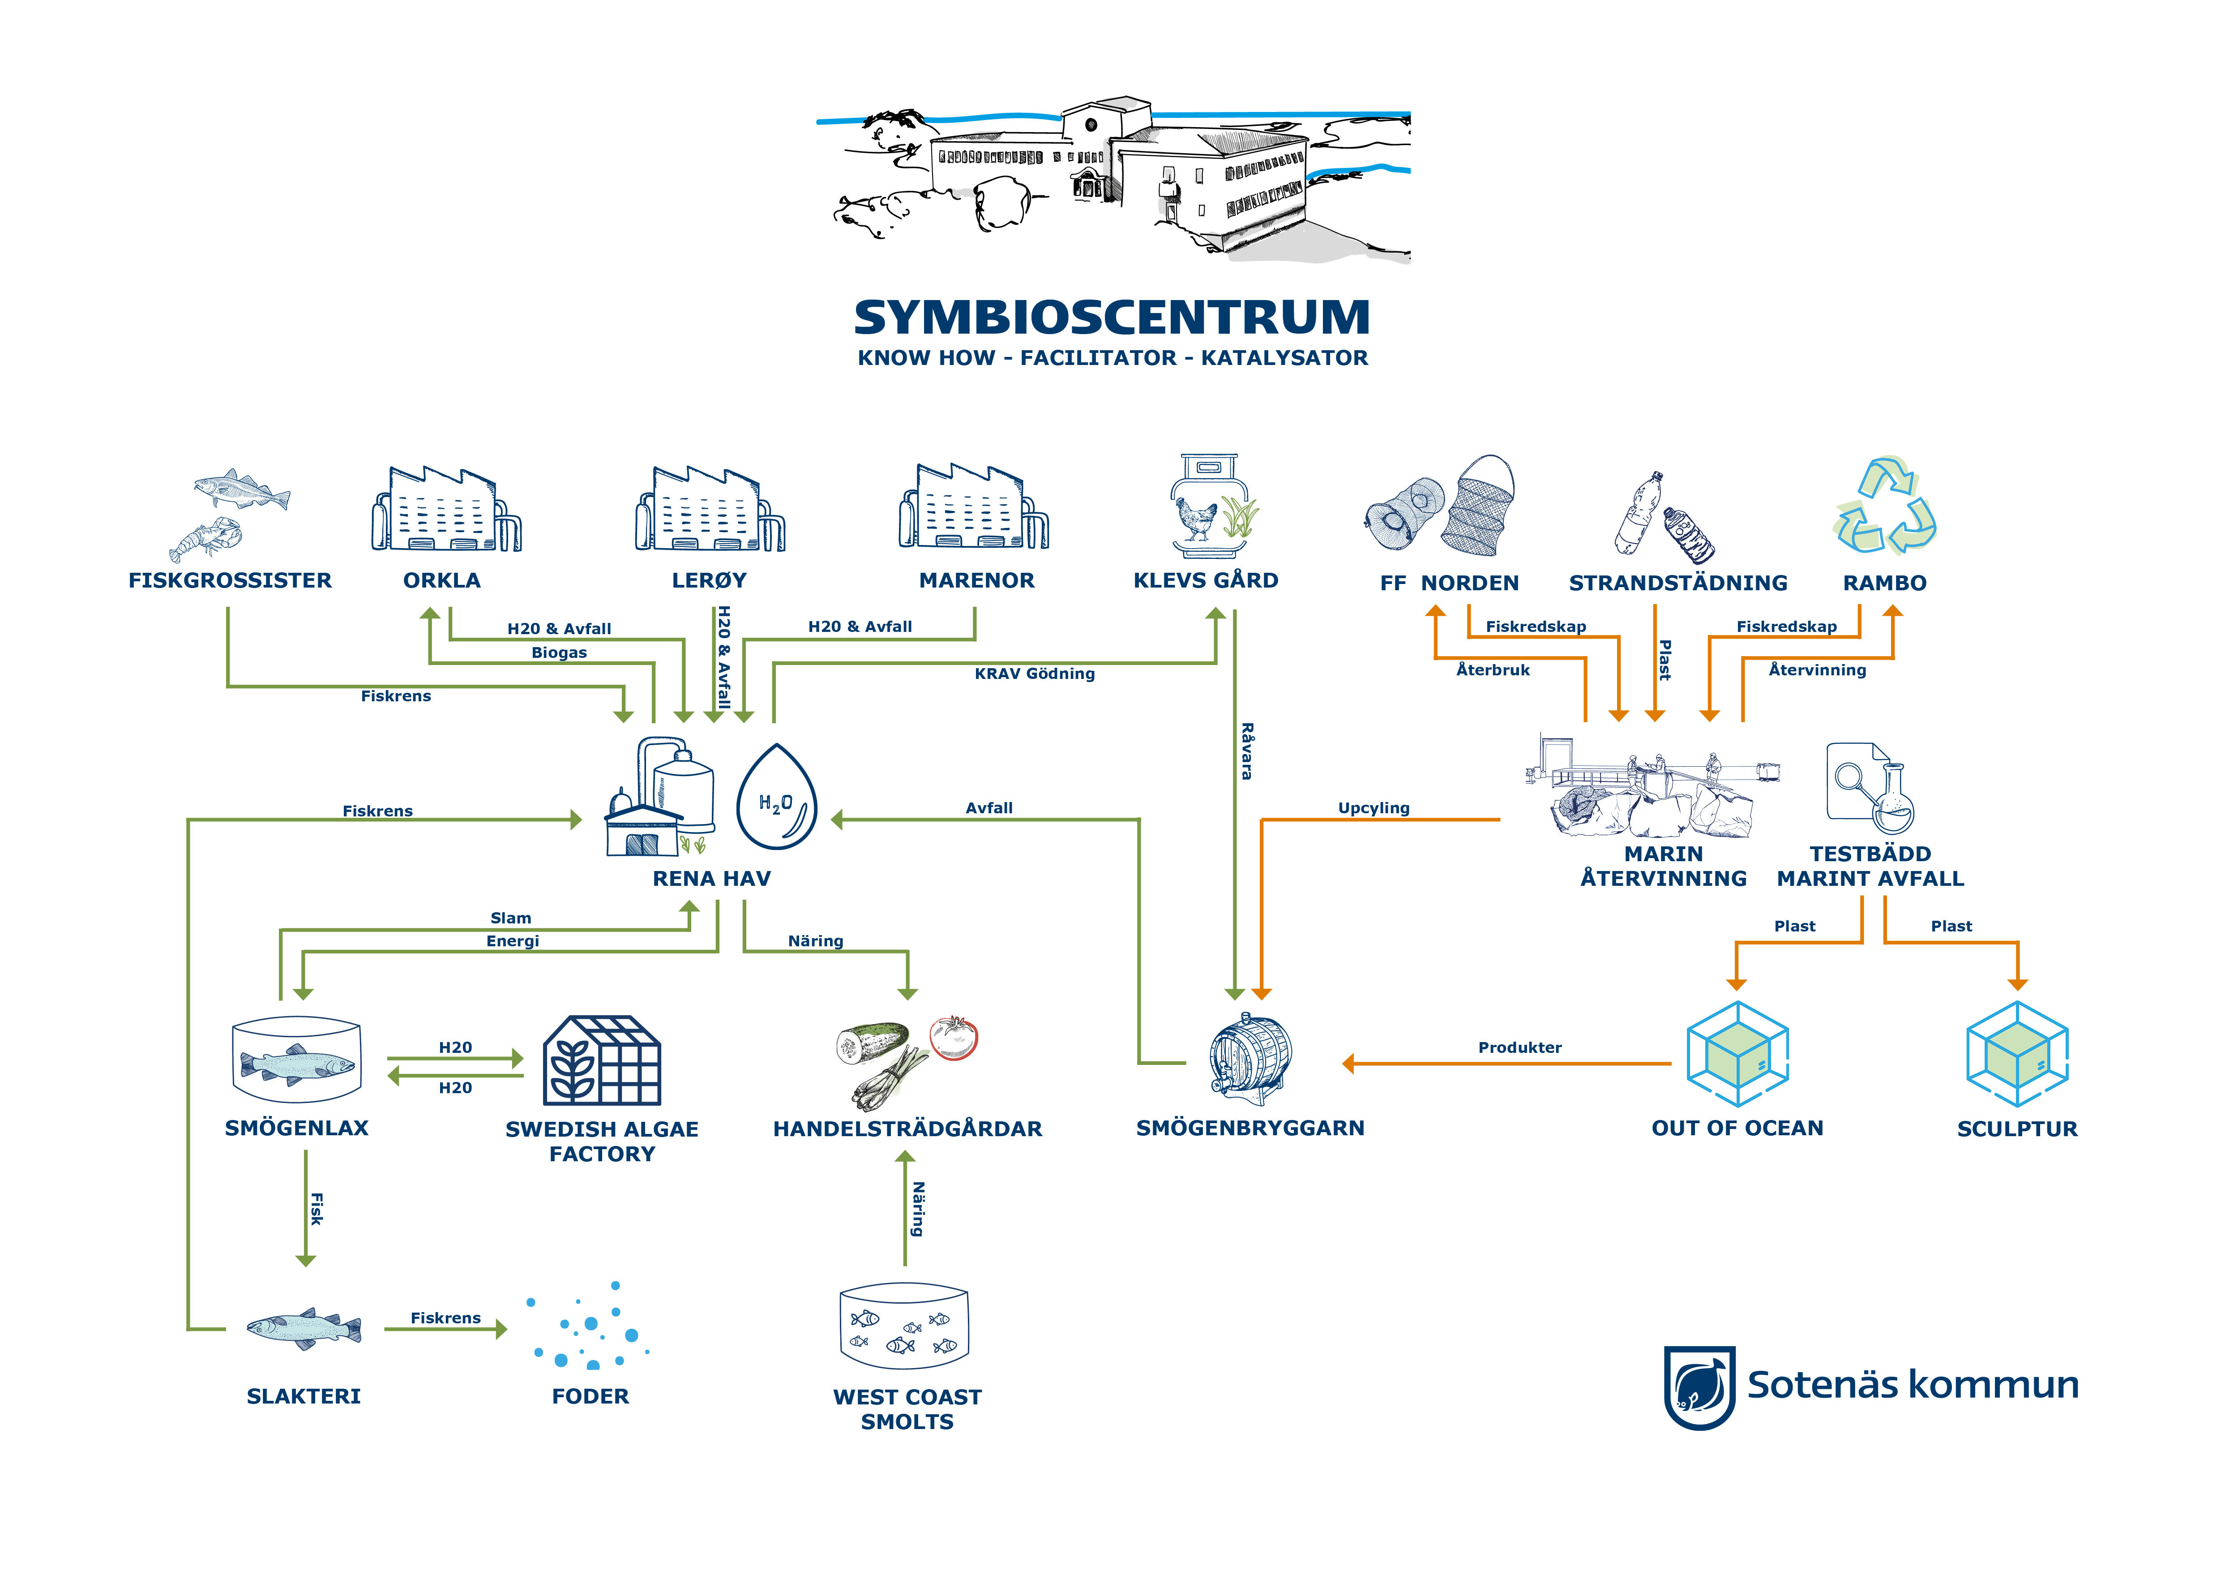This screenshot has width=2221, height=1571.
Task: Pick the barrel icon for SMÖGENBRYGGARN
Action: coord(1250,1059)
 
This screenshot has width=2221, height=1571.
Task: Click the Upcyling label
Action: coord(1374,808)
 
